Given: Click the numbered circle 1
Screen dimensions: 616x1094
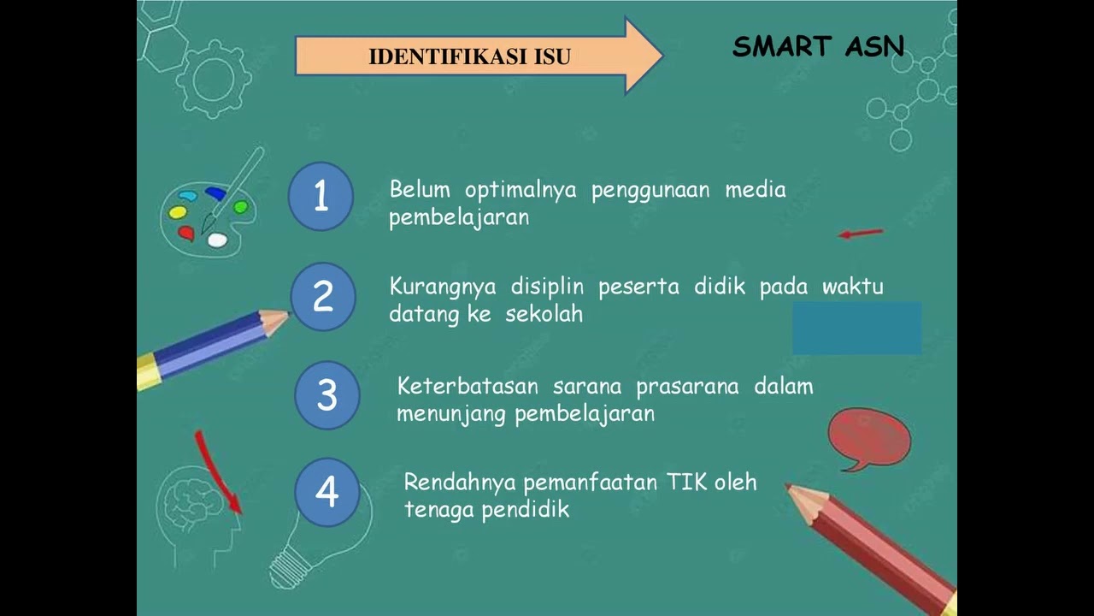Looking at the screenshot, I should [x=321, y=197].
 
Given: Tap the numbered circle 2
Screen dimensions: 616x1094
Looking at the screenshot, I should [x=322, y=297].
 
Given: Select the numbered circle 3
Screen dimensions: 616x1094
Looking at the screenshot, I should [x=326, y=394].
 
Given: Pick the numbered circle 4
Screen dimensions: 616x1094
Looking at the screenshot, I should [x=326, y=492].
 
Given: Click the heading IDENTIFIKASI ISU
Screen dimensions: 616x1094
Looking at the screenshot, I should [x=469, y=56].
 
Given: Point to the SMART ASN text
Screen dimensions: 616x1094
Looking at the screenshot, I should [x=818, y=46].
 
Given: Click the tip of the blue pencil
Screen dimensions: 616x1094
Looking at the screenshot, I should [x=285, y=317].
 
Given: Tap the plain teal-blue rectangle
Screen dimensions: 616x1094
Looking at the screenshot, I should [x=856, y=327].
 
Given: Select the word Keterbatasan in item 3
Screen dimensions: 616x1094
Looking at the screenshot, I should [x=468, y=386].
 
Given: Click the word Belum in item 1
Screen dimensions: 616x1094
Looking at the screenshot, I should [x=419, y=189].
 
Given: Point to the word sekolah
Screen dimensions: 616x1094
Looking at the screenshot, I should [x=544, y=313].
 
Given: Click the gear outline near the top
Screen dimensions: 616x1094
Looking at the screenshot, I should [x=213, y=79].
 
